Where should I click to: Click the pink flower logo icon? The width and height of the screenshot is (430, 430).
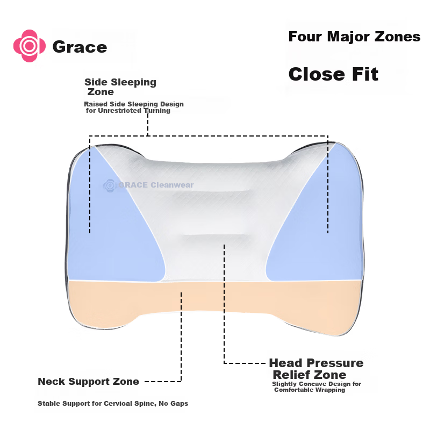[x=30, y=46]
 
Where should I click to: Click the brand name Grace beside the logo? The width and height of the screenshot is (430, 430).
[x=80, y=47]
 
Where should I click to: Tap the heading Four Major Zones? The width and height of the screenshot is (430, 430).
[x=354, y=37]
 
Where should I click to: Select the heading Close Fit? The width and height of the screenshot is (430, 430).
[x=333, y=74]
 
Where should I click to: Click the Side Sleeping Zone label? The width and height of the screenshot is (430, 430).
[x=120, y=87]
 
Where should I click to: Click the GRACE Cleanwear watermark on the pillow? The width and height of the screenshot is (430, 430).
[x=148, y=185]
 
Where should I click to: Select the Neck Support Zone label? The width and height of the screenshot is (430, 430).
[x=88, y=382]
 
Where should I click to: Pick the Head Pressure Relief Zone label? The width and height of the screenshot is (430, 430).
[x=316, y=369]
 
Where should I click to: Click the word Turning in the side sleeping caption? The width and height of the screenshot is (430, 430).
[x=157, y=111]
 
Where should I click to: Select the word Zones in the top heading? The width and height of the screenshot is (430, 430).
[x=397, y=37]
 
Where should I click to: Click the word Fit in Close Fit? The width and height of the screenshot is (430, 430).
[x=365, y=74]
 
